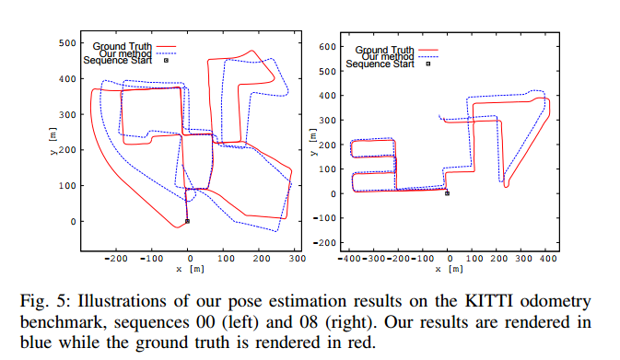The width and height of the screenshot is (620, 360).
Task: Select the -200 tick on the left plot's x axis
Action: pyautogui.click(x=116, y=261)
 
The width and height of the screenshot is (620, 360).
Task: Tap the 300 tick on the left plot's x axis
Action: pyautogui.click(x=296, y=261)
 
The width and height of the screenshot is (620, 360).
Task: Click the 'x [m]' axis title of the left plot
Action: pyautogui.click(x=188, y=269)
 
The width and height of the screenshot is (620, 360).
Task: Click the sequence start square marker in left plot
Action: pyautogui.click(x=187, y=221)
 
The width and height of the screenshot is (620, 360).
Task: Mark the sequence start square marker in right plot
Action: pyautogui.click(x=447, y=193)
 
